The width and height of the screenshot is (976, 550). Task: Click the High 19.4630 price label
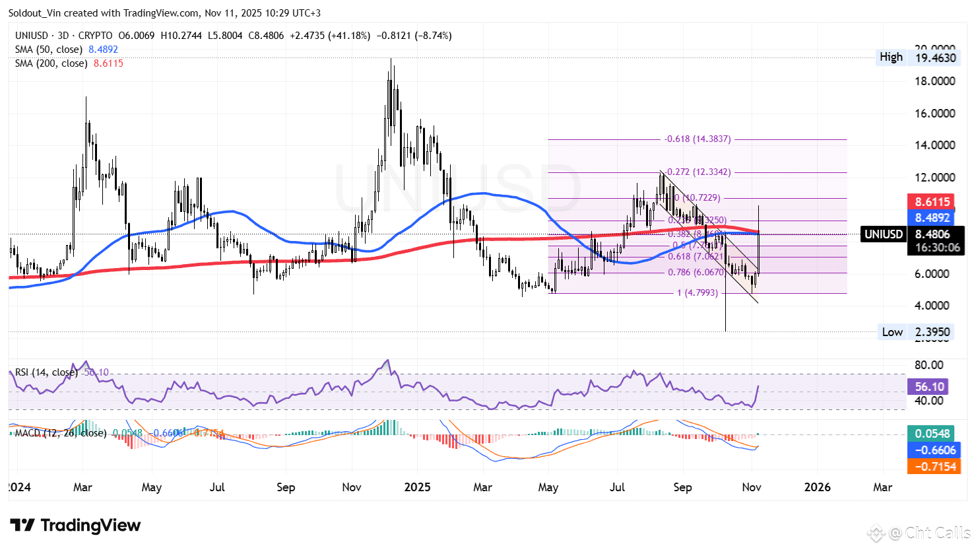pos(917,57)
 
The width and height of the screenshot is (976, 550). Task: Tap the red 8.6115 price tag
pos(932,202)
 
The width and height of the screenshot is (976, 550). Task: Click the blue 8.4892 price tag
pos(932,217)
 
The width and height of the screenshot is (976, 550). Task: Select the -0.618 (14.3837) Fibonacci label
pos(698,139)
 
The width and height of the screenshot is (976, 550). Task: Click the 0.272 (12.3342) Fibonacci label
pos(698,172)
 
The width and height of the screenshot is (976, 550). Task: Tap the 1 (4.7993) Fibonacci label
pos(697,292)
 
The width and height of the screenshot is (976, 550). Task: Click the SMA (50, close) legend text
pos(49,50)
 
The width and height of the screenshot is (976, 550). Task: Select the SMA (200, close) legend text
pos(51,63)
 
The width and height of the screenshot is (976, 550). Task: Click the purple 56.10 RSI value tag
pos(929,387)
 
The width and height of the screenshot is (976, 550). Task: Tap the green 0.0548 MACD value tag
pos(932,434)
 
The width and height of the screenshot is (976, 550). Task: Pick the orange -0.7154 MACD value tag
pos(932,467)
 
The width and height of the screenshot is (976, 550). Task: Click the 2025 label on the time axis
pos(417,487)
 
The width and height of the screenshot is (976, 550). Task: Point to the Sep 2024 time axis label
pos(286,487)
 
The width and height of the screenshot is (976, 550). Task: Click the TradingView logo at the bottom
pos(75,526)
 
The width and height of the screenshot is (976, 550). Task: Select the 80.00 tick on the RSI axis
pos(929,365)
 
